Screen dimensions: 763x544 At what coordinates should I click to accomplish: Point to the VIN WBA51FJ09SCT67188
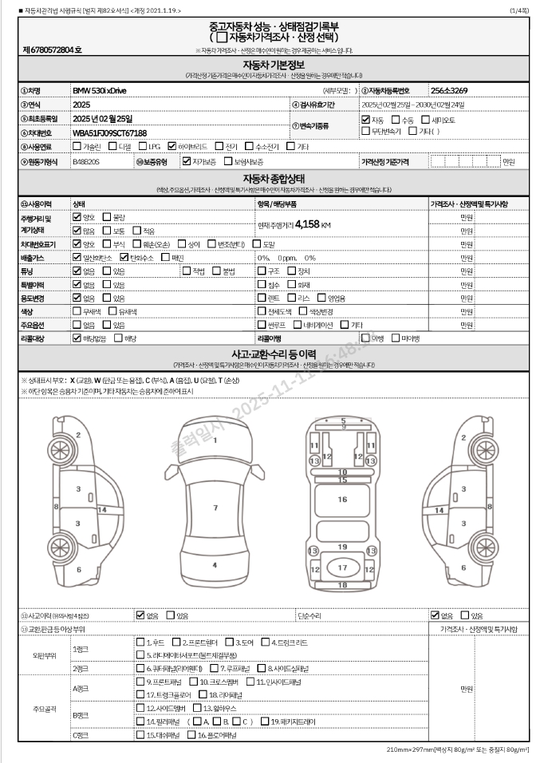[x=109, y=132]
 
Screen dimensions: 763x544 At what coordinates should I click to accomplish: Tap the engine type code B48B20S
[x=86, y=161]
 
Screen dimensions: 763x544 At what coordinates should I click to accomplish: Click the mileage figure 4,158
[x=307, y=225]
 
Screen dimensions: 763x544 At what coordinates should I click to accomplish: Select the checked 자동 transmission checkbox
[x=365, y=119]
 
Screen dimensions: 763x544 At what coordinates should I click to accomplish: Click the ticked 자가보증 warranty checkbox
[x=186, y=161]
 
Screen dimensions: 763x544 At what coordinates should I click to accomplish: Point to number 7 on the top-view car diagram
[x=215, y=507]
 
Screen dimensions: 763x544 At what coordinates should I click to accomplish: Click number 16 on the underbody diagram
[x=342, y=499]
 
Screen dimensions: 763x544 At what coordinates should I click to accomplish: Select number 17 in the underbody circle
[x=342, y=567]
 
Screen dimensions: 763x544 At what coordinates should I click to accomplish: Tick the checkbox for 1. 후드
[x=140, y=642]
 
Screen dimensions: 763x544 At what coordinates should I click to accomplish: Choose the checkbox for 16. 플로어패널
[x=191, y=734]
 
